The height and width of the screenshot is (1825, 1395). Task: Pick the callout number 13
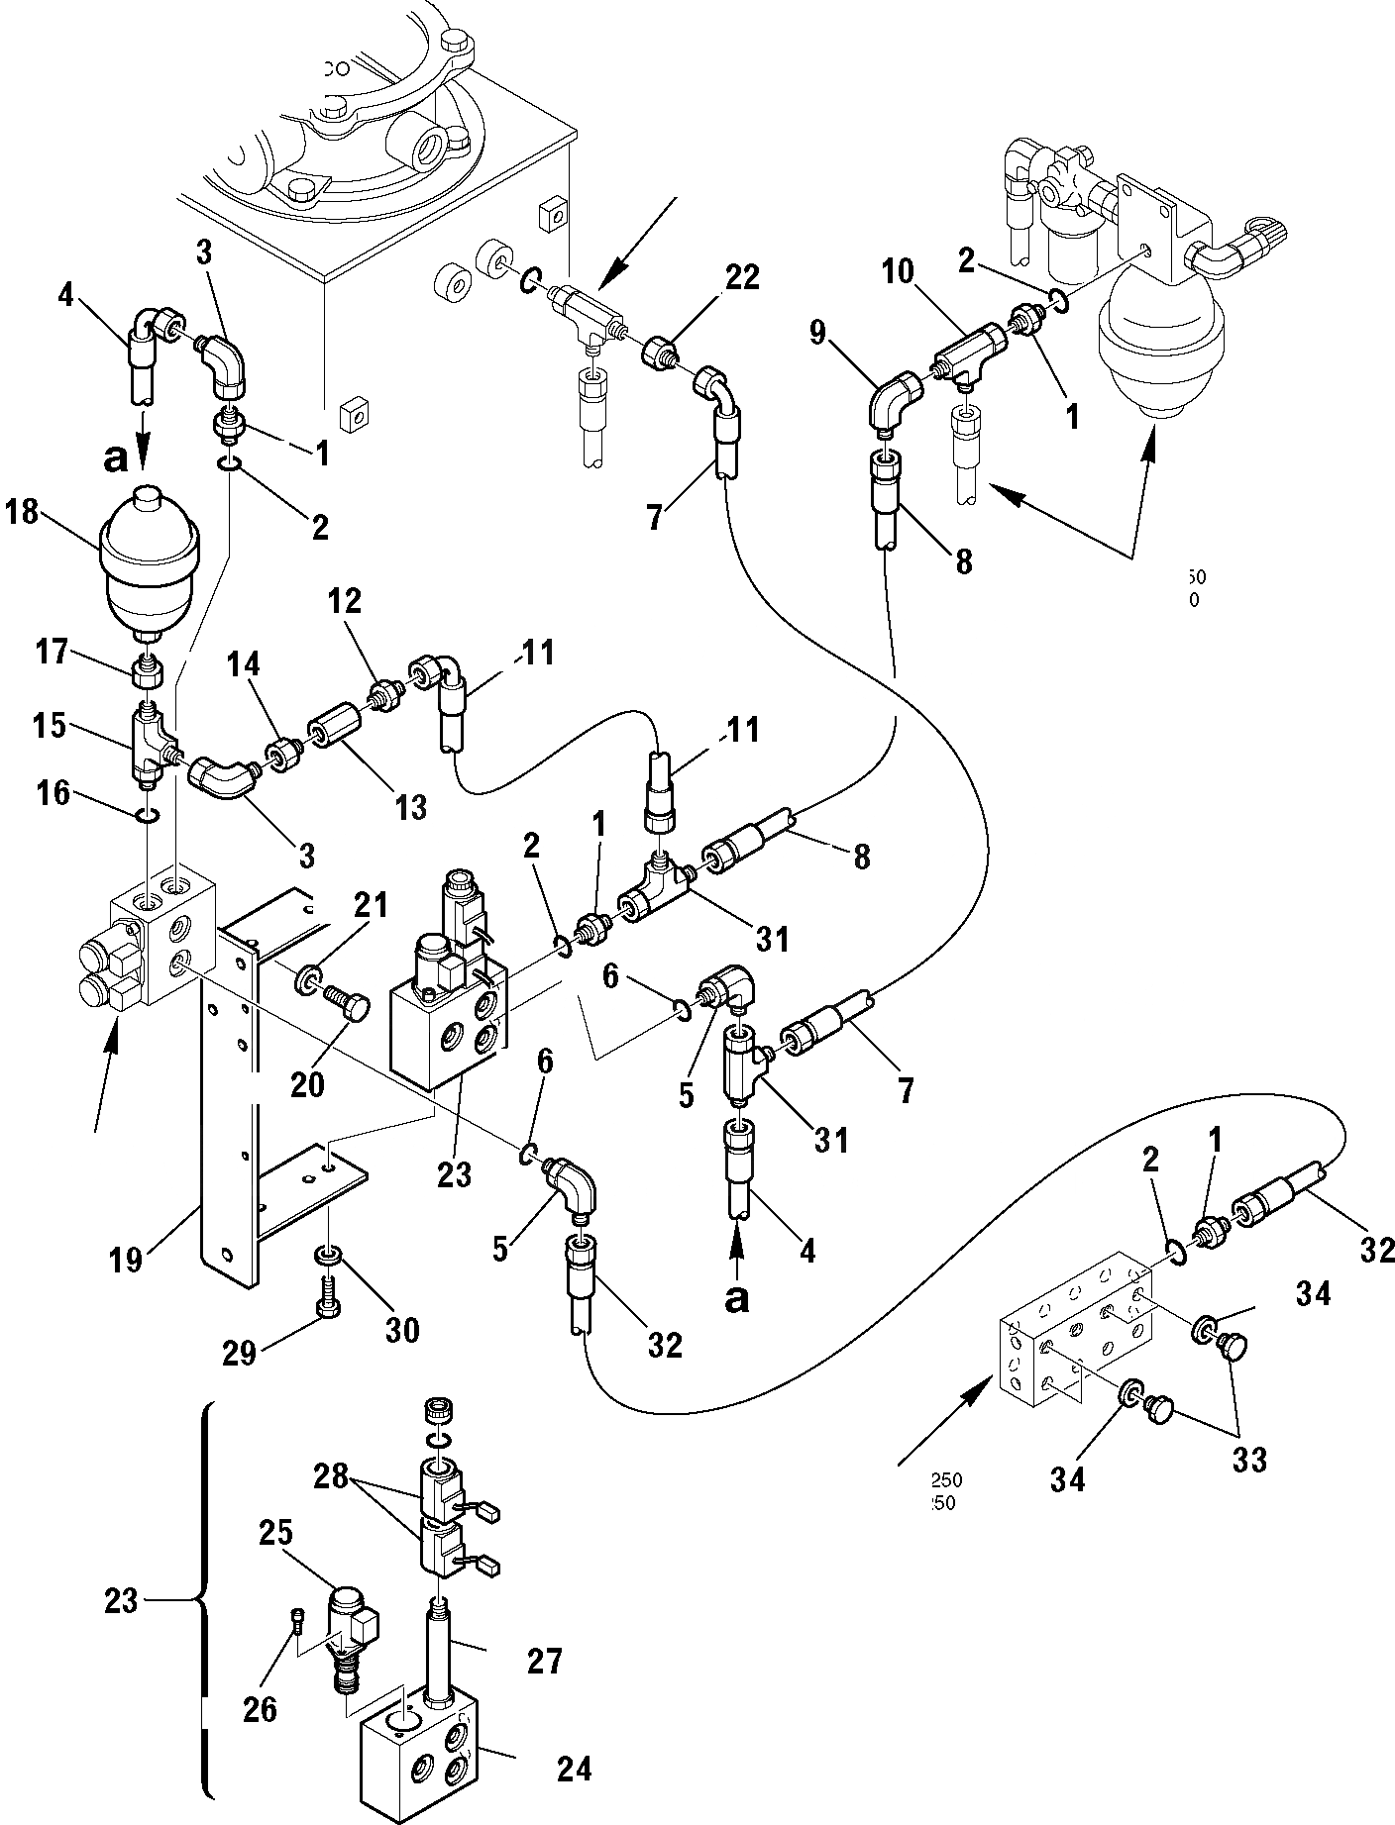point(406,807)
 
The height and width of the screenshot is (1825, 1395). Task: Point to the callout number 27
point(544,1660)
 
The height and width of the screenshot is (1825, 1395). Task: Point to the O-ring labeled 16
point(147,814)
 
